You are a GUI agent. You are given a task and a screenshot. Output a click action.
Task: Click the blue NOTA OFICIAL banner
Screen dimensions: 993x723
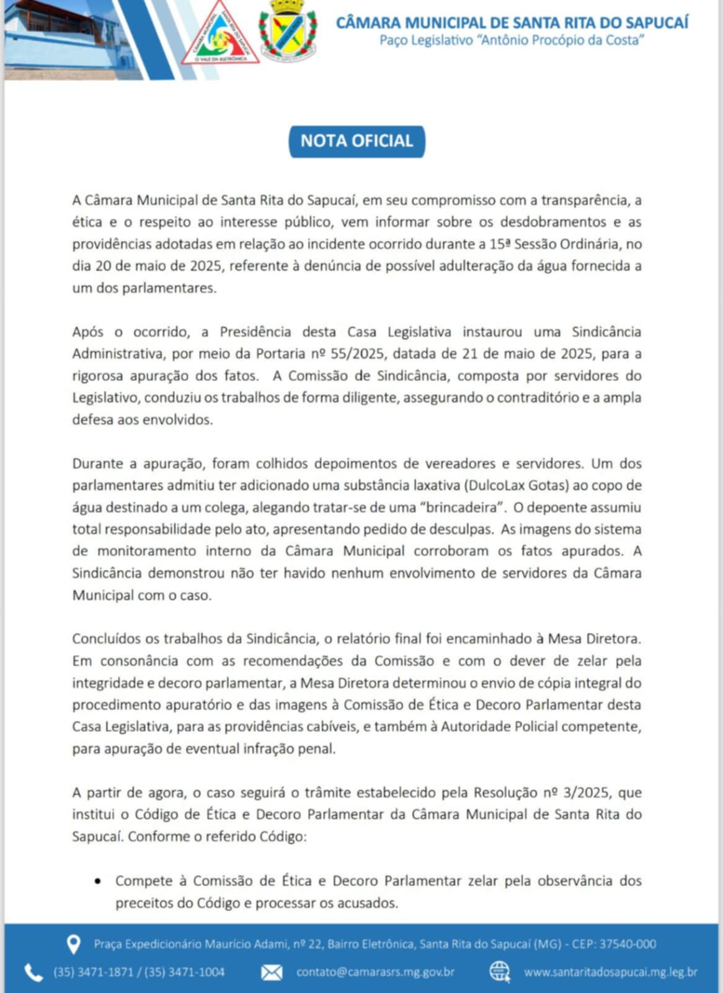[x=357, y=141]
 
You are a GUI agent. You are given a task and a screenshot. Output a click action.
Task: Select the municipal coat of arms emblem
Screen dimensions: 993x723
[x=287, y=31]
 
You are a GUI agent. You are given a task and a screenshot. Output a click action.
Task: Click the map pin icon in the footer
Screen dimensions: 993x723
[x=73, y=945]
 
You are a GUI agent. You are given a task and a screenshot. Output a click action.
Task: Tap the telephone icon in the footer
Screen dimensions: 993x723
[x=33, y=973]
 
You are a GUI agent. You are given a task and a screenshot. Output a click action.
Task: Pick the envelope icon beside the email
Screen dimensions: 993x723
[x=272, y=973]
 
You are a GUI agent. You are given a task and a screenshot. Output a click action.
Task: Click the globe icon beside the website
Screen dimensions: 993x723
[x=500, y=972]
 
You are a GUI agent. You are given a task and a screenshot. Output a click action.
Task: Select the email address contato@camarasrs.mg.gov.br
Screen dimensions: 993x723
[x=375, y=972]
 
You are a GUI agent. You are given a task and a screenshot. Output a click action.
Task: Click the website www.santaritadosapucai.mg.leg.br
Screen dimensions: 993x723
[x=611, y=972]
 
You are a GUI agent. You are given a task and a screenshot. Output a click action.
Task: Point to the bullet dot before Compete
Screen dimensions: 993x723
[x=98, y=881]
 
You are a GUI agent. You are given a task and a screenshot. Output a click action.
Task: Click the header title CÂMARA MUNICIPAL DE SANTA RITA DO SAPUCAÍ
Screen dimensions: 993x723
[x=512, y=22]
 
